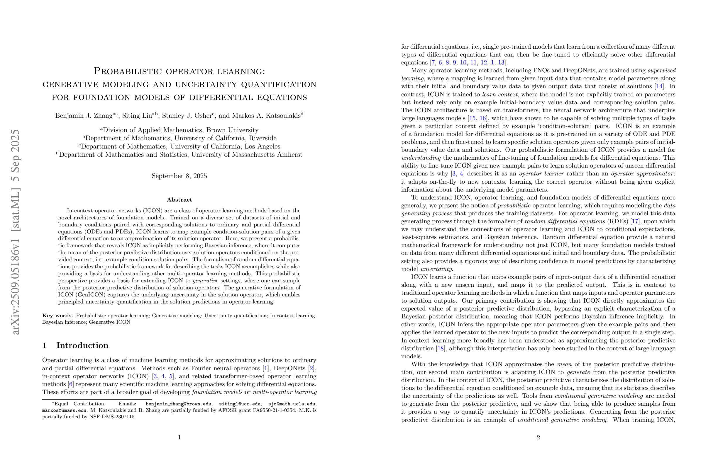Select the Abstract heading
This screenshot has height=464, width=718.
coord(179,200)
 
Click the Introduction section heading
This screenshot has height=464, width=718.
coord(82,345)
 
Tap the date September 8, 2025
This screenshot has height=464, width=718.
coord(179,176)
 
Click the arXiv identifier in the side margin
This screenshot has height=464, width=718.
coord(15,232)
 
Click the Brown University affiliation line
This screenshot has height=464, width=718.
coord(179,130)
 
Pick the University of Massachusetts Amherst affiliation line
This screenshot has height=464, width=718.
coord(179,155)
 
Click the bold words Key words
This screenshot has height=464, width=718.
coord(57,316)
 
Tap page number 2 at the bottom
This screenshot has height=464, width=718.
coord(538,437)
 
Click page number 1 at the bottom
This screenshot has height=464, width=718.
coord(179,437)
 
